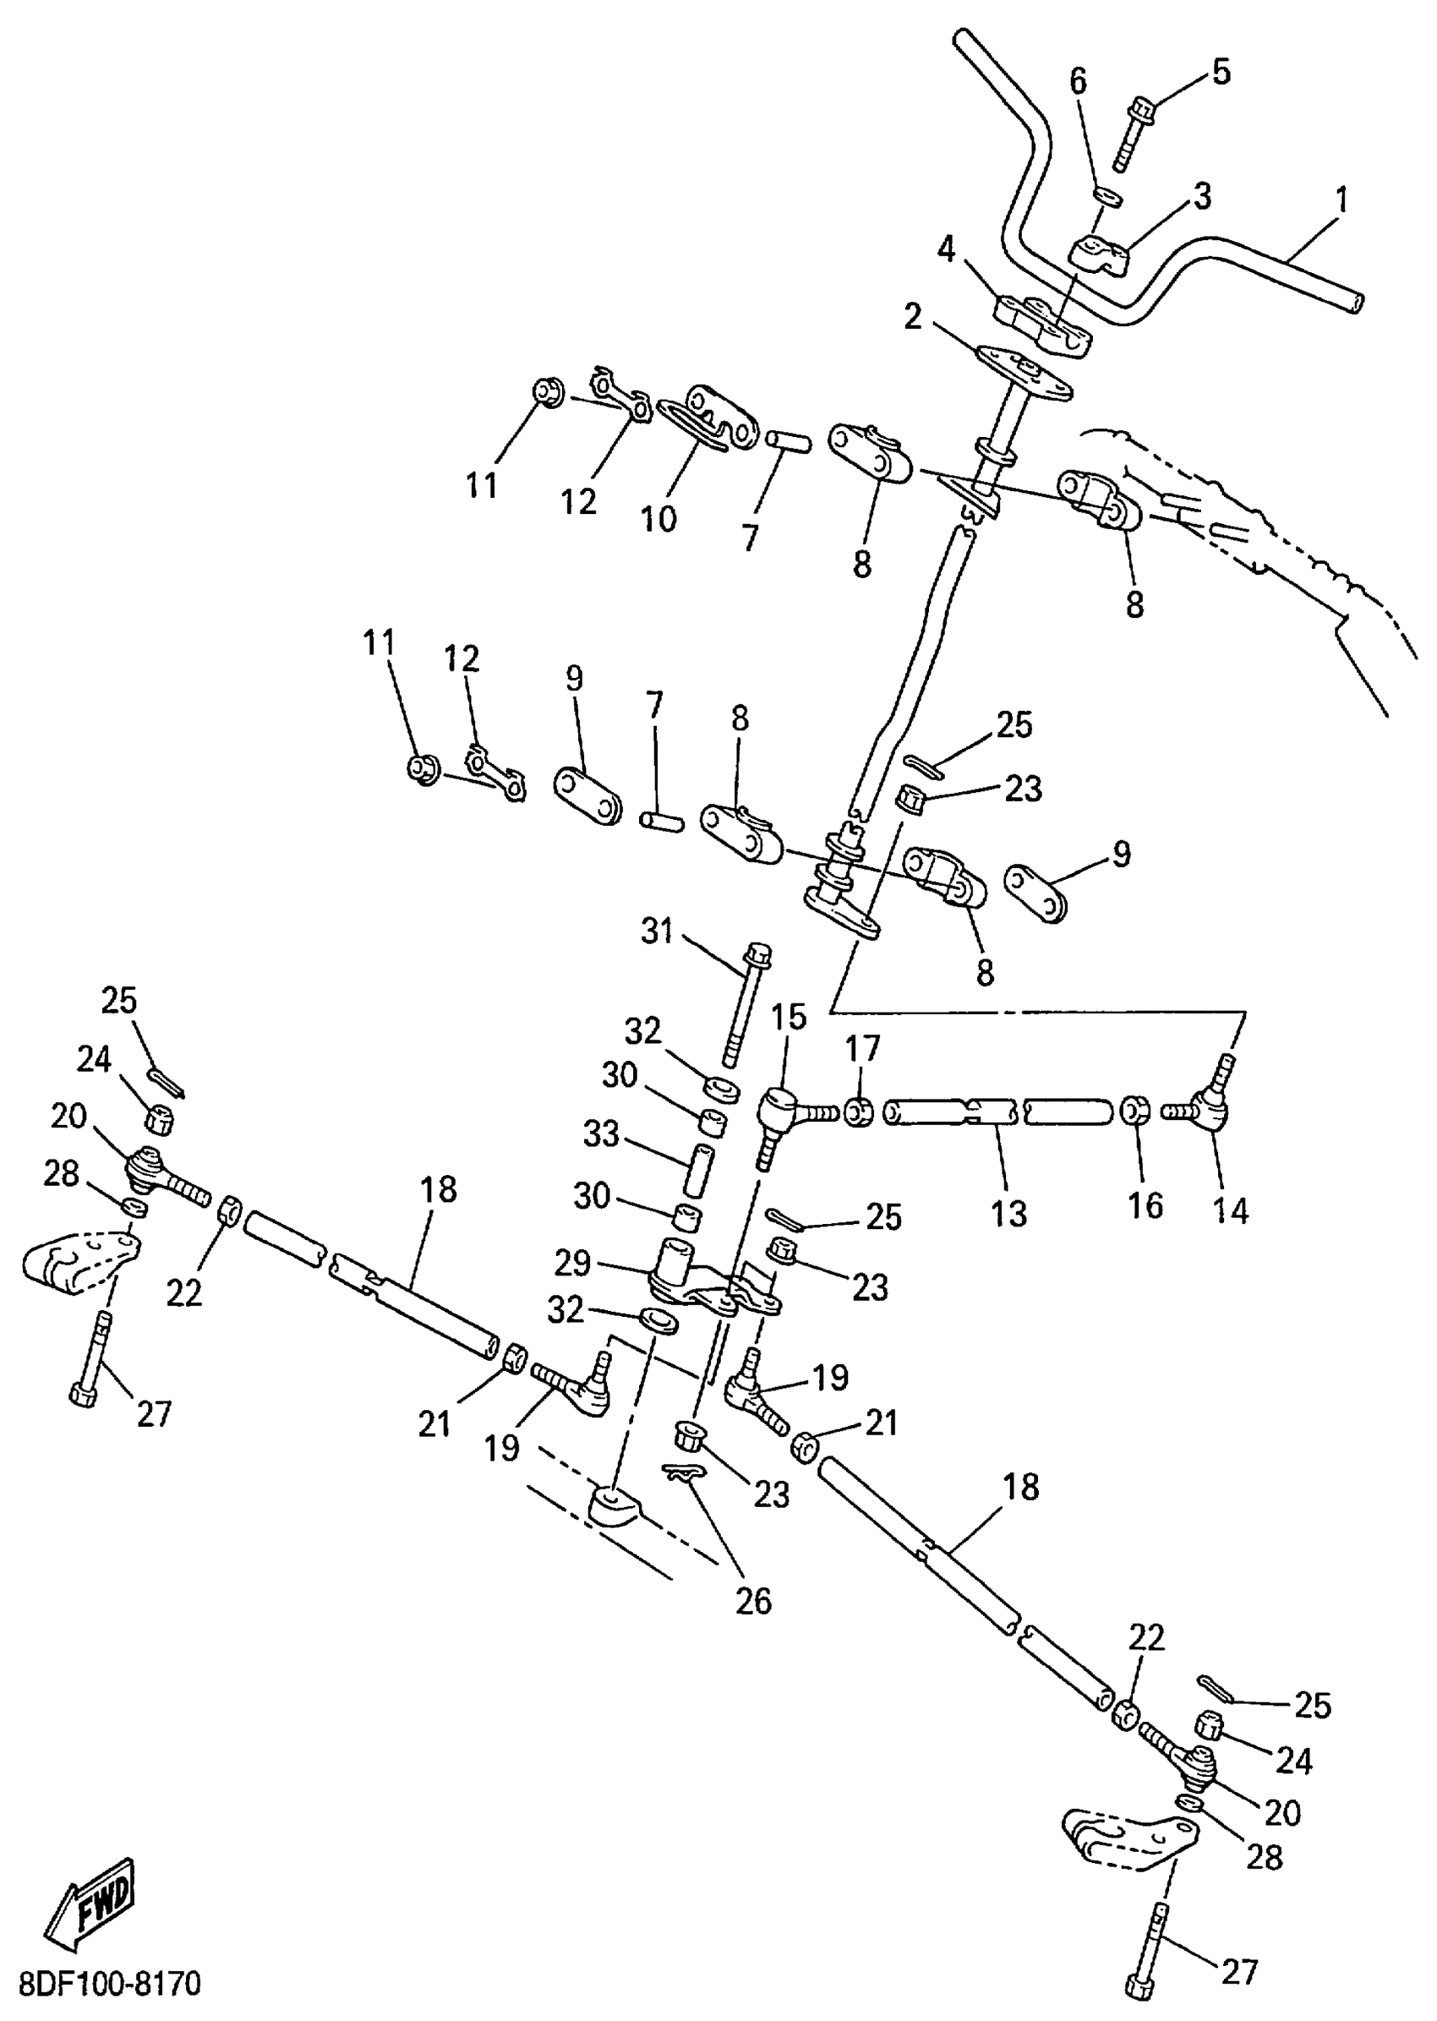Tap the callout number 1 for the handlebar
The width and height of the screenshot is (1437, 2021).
tap(1341, 200)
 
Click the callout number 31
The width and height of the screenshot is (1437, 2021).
tap(657, 931)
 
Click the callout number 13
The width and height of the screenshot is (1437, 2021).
tap(1008, 1213)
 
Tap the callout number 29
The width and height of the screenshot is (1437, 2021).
tap(571, 1264)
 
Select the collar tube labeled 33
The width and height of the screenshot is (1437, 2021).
tap(699, 1169)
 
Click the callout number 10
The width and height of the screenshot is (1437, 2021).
tap(658, 518)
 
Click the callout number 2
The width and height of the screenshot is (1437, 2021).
tap(912, 317)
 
